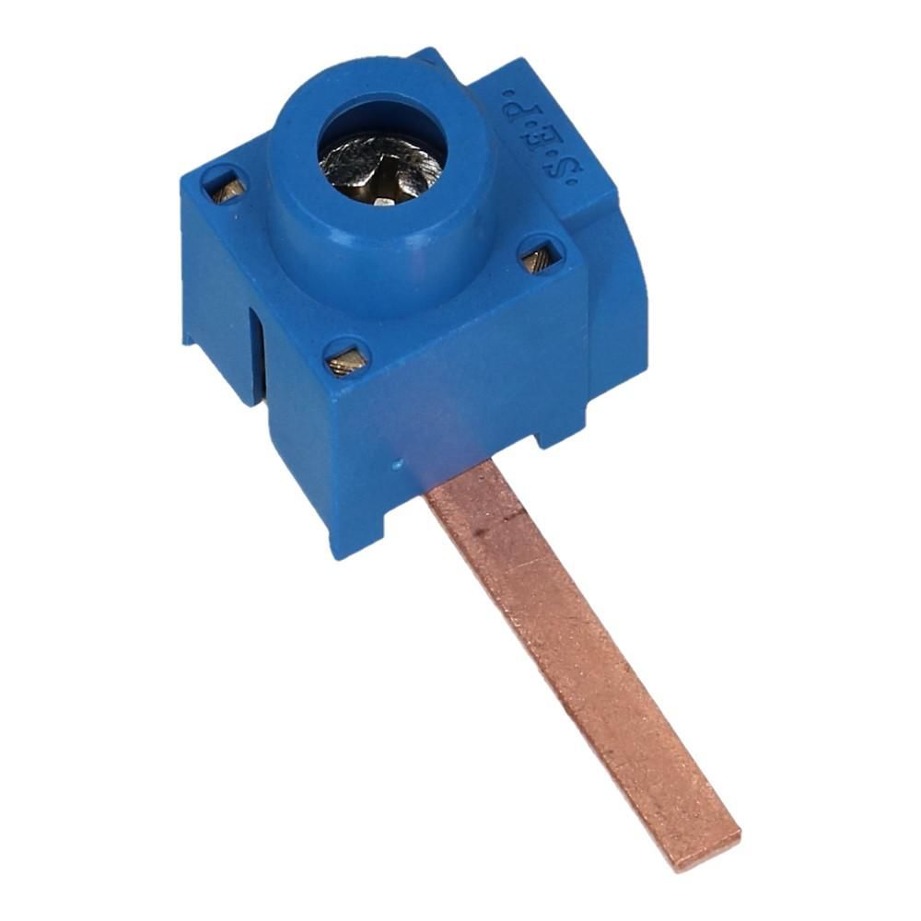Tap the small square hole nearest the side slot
227,186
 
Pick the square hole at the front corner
345,359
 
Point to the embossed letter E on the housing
539,139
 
